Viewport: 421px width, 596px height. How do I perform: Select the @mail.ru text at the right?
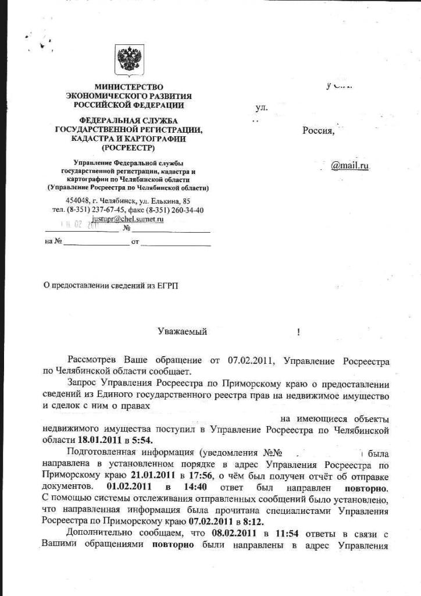tap(350, 166)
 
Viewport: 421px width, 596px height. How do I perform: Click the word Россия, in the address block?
tap(319, 130)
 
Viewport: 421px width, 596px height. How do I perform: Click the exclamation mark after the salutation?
tap(298, 332)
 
